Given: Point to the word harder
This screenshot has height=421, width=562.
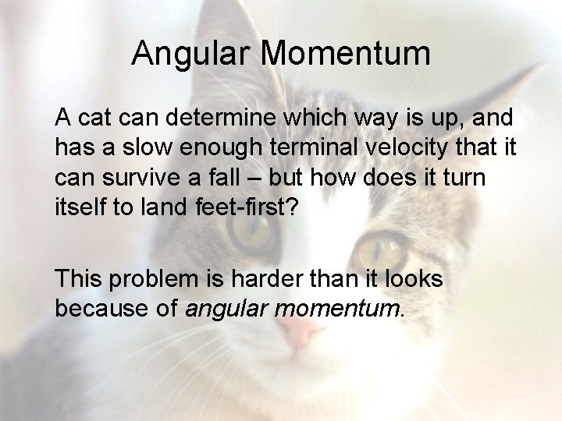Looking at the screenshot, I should click(266, 279).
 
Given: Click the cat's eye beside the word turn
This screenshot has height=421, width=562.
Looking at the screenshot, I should click(380, 249).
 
